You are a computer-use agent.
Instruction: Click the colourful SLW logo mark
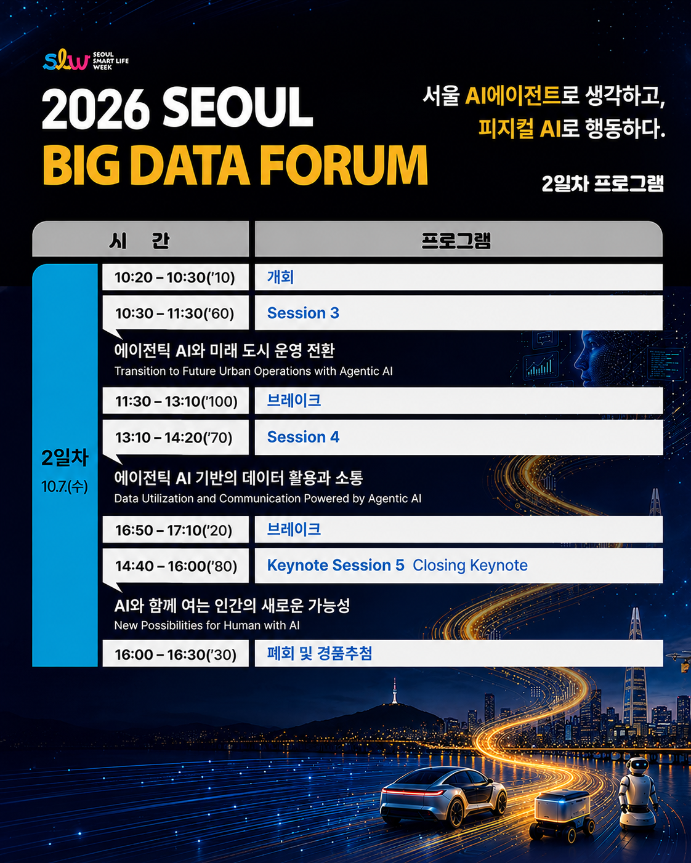pos(66,60)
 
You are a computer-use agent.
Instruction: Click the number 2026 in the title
pos(95,109)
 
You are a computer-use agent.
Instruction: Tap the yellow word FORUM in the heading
pos(344,165)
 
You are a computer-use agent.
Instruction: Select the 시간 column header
pos(140,241)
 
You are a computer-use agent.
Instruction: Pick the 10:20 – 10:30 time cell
pos(176,277)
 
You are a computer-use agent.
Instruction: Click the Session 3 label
pos(303,313)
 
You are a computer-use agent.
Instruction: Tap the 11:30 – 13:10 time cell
pos(176,401)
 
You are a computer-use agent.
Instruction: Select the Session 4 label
pos(303,436)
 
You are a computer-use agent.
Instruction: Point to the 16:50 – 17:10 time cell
pos(176,530)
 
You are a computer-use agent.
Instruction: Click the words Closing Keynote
pos(470,565)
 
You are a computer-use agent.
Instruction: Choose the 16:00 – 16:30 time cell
pos(176,654)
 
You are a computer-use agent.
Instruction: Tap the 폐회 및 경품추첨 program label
pos(320,653)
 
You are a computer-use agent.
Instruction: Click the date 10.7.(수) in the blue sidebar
pos(64,487)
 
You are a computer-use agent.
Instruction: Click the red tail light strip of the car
pos(413,790)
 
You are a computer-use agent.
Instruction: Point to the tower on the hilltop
pos(395,691)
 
